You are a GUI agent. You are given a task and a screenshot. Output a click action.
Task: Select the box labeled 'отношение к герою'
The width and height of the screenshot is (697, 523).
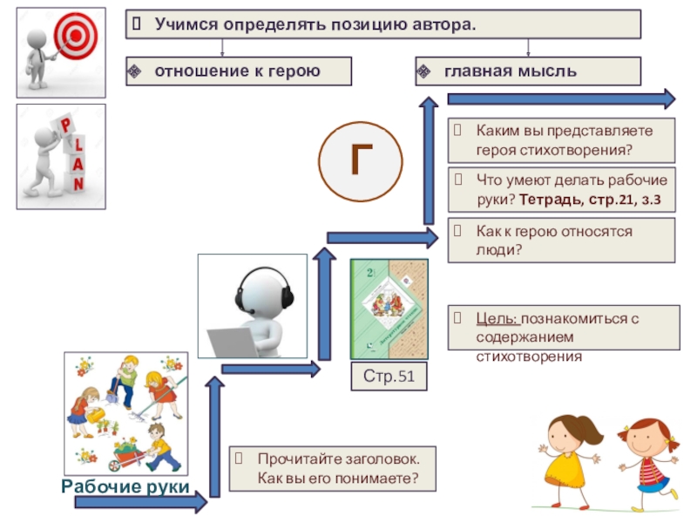point(239,71)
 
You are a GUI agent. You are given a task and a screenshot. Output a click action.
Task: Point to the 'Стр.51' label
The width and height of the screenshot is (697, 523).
point(389,377)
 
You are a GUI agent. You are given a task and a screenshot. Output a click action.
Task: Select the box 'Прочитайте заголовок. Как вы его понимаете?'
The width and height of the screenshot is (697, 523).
point(331,469)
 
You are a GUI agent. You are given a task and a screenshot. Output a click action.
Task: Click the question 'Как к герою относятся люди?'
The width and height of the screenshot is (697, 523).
point(562,241)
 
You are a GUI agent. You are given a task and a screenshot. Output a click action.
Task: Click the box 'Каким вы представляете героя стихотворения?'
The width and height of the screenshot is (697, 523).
point(562,140)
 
